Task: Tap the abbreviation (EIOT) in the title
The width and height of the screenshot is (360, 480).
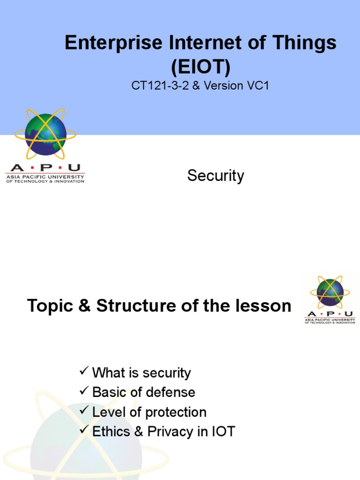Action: [x=201, y=67]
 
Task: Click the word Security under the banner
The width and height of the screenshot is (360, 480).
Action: [x=216, y=176]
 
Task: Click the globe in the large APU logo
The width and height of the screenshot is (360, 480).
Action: [x=45, y=129]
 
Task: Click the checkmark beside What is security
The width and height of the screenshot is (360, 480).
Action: [x=84, y=372]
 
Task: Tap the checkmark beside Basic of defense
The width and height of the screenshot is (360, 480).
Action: [x=84, y=392]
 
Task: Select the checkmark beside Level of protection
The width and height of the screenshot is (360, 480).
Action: [x=84, y=412]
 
